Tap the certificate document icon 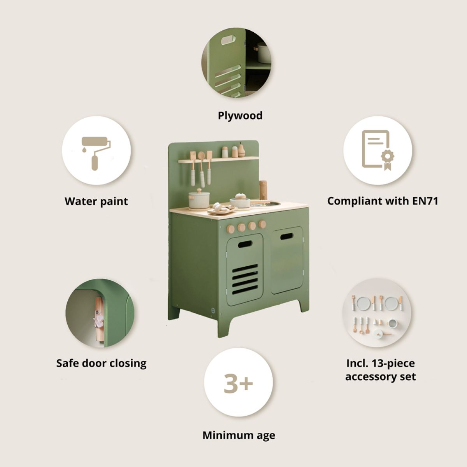click(378, 151)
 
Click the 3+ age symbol click(238, 383)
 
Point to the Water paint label click(96, 201)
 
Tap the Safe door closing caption click(101, 363)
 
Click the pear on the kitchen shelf click(241, 150)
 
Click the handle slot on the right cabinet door click(287, 236)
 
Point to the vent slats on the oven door click(245, 279)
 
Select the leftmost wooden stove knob click(230, 228)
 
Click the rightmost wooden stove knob click(262, 224)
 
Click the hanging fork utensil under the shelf click(193, 167)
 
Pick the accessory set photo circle click(377, 313)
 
